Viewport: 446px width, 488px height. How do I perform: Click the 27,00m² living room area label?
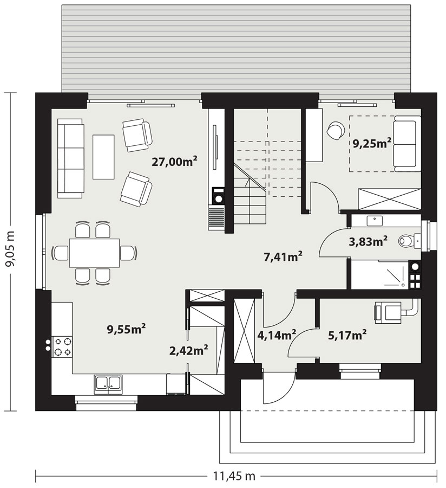coord(174,162)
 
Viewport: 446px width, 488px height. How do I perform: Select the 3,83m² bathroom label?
coord(368,241)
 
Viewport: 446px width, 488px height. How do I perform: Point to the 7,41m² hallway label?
coord(283,257)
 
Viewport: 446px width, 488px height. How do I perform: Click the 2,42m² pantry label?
coord(188,351)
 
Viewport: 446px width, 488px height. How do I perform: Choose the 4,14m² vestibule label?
coord(277,335)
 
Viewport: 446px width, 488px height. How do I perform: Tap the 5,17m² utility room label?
coord(347,335)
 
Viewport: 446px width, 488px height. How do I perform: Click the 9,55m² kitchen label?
coord(127,329)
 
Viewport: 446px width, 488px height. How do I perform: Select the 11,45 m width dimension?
coord(234,476)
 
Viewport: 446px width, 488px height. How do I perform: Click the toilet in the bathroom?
coord(410,241)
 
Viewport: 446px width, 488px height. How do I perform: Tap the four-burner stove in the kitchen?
coord(63,347)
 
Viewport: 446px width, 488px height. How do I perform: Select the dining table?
coord(94,252)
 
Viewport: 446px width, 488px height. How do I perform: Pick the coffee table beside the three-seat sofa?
coord(103,157)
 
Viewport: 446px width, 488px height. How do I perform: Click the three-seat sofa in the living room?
coord(70,158)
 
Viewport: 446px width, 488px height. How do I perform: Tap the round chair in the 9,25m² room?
coord(336,130)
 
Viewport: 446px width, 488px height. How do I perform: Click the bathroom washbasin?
coord(375,221)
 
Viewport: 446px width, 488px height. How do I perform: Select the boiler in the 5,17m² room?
coord(388,312)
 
